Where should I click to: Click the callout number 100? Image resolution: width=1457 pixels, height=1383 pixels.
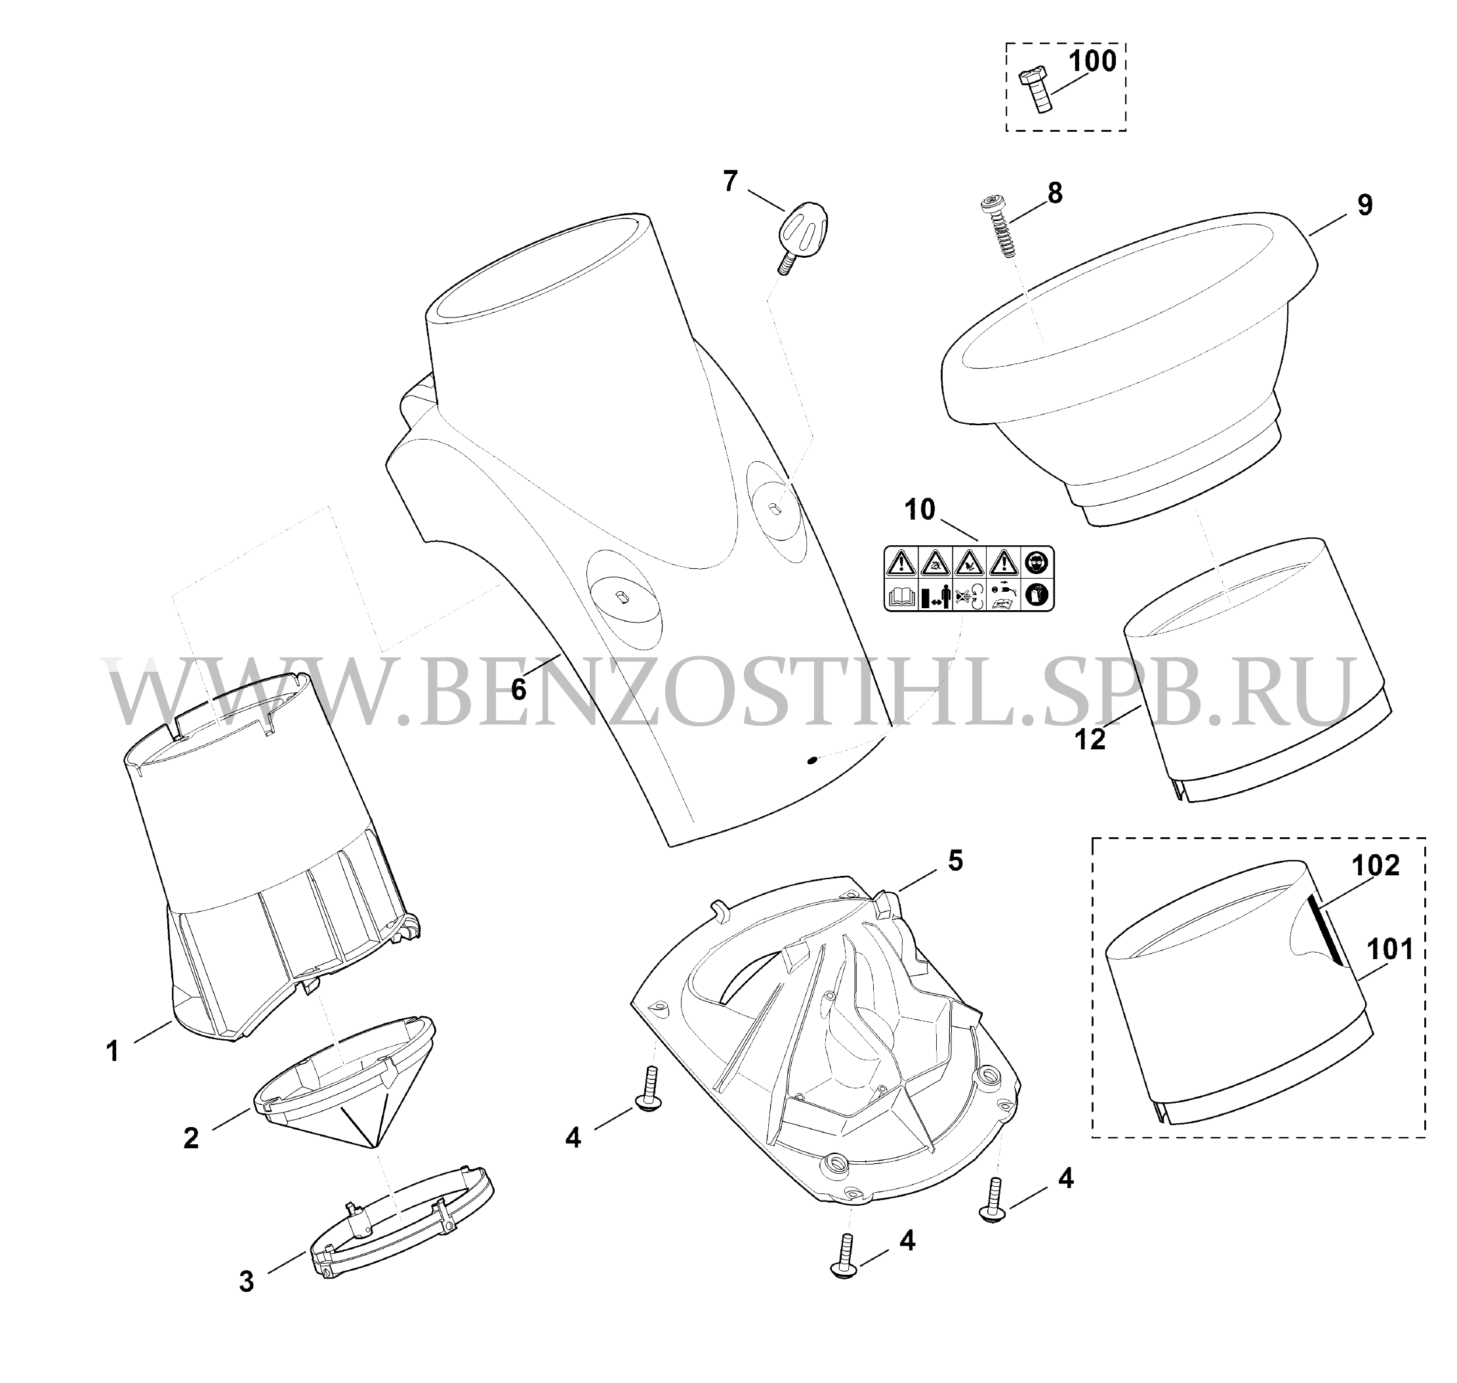pos(1092,61)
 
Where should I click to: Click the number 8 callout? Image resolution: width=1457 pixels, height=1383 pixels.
pos(1055,193)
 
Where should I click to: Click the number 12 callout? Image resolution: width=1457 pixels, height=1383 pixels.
pos(1090,739)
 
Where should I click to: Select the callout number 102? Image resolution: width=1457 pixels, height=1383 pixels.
pos(1375,865)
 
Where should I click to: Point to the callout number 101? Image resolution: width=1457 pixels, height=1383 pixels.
pos(1390,949)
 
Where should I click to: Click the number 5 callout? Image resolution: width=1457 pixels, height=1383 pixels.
pos(955,860)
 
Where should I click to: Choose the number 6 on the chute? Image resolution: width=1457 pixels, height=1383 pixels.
pos(519,690)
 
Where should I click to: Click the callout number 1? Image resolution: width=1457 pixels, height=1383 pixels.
pos(113,1051)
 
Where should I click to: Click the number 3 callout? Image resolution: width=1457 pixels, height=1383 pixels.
pos(246,1282)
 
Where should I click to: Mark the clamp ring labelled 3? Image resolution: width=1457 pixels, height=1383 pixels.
pos(401,1224)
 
